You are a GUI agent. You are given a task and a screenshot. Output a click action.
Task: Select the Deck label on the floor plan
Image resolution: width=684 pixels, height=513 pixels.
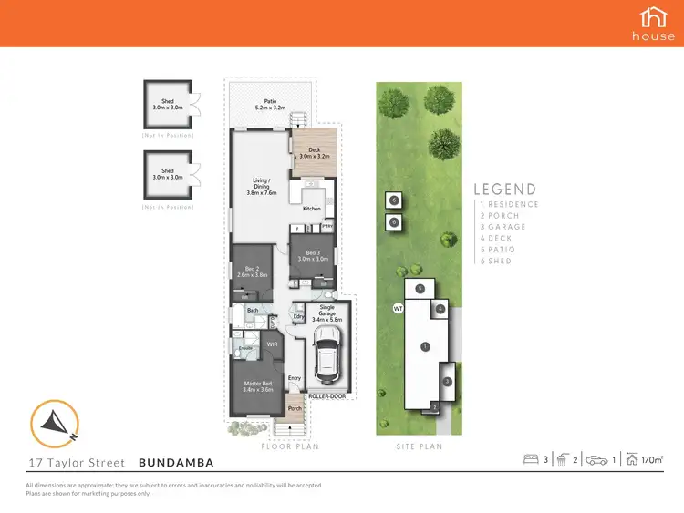(313, 151)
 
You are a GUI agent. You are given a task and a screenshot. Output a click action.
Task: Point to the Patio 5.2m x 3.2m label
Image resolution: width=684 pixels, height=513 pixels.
(270, 105)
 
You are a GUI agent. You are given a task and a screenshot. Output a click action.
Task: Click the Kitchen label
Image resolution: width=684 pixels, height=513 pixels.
(312, 209)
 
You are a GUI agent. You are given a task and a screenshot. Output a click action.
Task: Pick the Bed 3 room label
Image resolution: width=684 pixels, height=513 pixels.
(312, 256)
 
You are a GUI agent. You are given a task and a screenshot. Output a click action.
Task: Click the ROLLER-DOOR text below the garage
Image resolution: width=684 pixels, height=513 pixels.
(326, 396)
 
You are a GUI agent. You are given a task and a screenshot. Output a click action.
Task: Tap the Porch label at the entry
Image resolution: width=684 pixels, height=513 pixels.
(295, 408)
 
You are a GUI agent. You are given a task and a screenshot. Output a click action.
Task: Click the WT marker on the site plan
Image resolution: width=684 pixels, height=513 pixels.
(398, 309)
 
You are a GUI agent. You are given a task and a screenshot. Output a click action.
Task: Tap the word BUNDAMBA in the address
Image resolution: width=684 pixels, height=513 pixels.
(176, 461)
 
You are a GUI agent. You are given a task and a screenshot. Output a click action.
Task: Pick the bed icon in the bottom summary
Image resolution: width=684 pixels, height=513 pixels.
(532, 460)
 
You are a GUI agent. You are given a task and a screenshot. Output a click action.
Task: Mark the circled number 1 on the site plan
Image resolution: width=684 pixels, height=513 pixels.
(424, 346)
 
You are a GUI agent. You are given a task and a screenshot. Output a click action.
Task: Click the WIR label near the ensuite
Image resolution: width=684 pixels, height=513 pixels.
(271, 344)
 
